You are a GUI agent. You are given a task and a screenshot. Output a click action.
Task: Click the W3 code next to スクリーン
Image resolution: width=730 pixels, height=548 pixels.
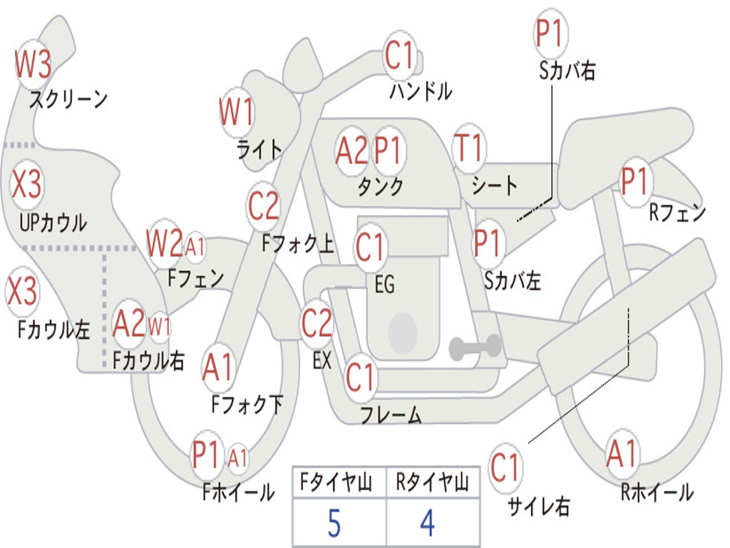point(33,64)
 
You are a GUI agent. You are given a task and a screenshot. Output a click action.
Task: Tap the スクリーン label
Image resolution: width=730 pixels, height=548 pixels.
point(68,98)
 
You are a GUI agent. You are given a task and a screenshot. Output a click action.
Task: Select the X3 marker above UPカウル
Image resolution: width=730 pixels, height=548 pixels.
point(26,183)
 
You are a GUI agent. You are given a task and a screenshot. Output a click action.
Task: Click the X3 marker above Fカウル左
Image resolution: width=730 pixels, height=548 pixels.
point(21,290)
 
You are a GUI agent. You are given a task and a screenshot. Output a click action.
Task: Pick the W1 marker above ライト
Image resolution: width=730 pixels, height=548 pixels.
point(237,112)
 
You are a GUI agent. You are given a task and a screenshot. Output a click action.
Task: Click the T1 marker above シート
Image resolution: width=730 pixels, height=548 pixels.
point(468,148)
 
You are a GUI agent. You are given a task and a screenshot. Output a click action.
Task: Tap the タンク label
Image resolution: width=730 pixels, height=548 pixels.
point(381,186)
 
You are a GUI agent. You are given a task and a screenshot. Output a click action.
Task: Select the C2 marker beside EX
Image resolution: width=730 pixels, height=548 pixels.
point(317,323)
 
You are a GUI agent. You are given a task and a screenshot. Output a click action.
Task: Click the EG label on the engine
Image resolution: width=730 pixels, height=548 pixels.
point(384,284)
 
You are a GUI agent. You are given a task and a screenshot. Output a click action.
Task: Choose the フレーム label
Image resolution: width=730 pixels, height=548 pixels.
point(391,415)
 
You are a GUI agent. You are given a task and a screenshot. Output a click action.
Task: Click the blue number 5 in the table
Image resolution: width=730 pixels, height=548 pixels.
point(334,523)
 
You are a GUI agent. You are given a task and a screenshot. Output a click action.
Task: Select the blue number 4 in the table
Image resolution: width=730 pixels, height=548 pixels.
point(428,523)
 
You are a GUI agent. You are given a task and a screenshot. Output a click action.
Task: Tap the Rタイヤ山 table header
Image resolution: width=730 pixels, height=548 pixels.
point(433,482)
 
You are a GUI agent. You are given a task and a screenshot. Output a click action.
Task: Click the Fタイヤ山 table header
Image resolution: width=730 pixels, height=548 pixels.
point(336,482)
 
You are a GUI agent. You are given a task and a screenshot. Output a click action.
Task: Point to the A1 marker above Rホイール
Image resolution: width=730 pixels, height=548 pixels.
point(622,453)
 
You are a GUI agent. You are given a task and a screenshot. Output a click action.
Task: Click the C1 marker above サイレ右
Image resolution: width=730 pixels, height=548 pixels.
point(505,467)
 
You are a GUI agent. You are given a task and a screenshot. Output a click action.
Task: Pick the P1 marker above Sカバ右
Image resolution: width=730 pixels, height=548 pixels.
point(551,33)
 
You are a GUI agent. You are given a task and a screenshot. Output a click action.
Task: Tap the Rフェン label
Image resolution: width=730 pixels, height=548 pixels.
point(677,213)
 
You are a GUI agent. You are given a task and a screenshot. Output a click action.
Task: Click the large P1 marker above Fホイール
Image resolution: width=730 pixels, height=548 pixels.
point(205,455)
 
